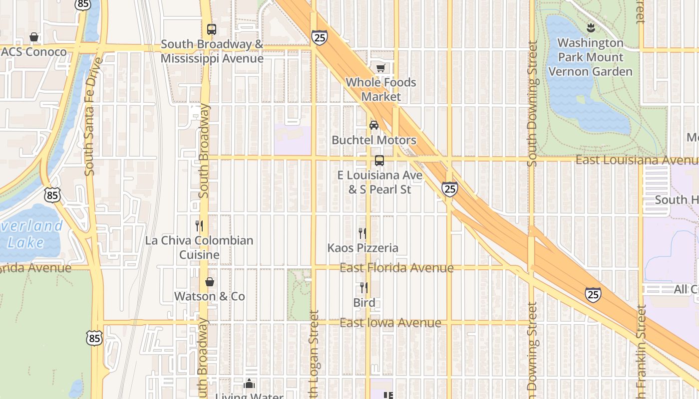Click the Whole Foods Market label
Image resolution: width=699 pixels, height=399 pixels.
coord(381,89)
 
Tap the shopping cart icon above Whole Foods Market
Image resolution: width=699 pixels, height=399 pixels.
coord(381,68)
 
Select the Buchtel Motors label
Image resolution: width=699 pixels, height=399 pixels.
coord(374,140)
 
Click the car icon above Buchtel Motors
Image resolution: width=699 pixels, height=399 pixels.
coord(373,125)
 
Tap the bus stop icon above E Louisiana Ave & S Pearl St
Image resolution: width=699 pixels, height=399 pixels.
coord(379,161)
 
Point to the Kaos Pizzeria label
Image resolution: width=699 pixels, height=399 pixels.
coord(363,248)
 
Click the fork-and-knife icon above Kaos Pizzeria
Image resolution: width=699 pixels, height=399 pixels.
coord(363,233)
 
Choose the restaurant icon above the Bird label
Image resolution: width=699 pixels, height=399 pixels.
coord(364,288)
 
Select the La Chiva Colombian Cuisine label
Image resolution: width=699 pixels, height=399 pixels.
coord(199,247)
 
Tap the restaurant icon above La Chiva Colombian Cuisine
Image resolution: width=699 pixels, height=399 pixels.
coord(199,226)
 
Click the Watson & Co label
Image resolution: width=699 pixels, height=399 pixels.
coord(209,296)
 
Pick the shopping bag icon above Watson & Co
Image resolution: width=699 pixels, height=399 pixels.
coord(210,282)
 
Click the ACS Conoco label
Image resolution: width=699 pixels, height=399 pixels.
coord(34,52)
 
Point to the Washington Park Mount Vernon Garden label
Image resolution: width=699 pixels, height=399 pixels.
coord(591,57)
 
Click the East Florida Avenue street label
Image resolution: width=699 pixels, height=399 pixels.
coord(396,268)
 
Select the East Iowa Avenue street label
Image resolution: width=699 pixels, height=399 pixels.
coord(390,323)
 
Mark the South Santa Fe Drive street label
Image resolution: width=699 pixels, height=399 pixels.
coord(90,117)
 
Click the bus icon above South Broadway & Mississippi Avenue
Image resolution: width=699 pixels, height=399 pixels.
coord(212,29)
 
